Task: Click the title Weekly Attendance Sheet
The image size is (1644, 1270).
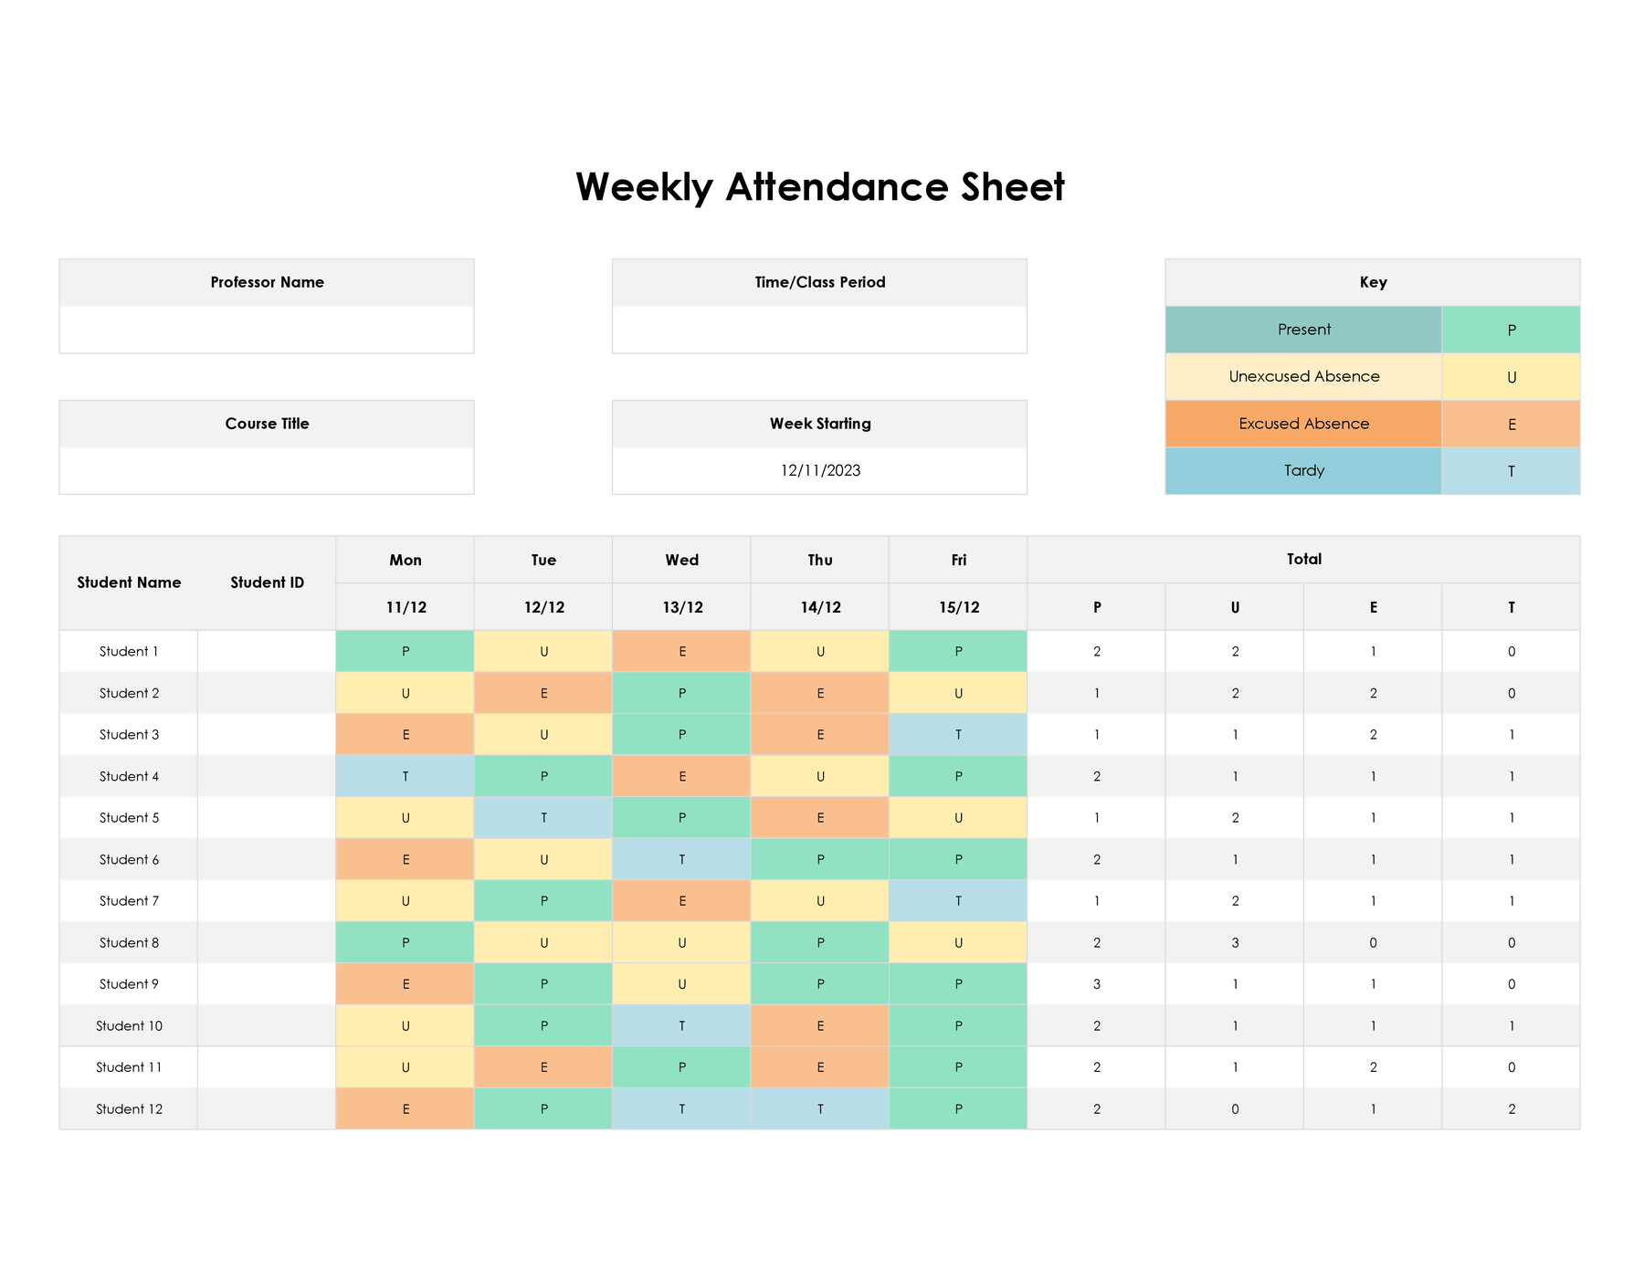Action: [x=819, y=187]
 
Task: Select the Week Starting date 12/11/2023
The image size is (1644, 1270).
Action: [x=819, y=470]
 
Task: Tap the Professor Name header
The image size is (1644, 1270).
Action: [x=267, y=282]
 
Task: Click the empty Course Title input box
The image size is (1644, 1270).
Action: [x=267, y=470]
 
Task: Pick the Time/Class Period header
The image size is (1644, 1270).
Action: [x=819, y=282]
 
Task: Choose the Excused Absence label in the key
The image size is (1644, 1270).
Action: [x=1303, y=424]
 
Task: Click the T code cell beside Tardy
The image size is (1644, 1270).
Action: [x=1511, y=471]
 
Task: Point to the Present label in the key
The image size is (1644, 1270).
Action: [x=1303, y=330]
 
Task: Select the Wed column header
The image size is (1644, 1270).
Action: [x=681, y=560]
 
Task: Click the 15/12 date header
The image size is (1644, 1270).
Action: [x=958, y=607]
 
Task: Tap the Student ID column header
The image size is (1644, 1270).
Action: [x=267, y=583]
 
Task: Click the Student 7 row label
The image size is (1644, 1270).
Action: [x=129, y=901]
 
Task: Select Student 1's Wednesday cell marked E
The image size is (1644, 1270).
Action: [x=681, y=652]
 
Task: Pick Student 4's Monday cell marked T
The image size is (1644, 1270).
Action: [x=405, y=776]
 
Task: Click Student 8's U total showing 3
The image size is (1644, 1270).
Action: [x=1235, y=942]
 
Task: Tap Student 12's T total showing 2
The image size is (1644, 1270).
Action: [x=1511, y=1109]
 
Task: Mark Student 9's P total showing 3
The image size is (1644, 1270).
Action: [x=1096, y=984]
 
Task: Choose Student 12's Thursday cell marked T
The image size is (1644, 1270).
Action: [x=819, y=1109]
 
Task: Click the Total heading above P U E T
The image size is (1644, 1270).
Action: [x=1303, y=559]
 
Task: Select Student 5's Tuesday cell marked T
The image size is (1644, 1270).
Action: [x=543, y=818]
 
